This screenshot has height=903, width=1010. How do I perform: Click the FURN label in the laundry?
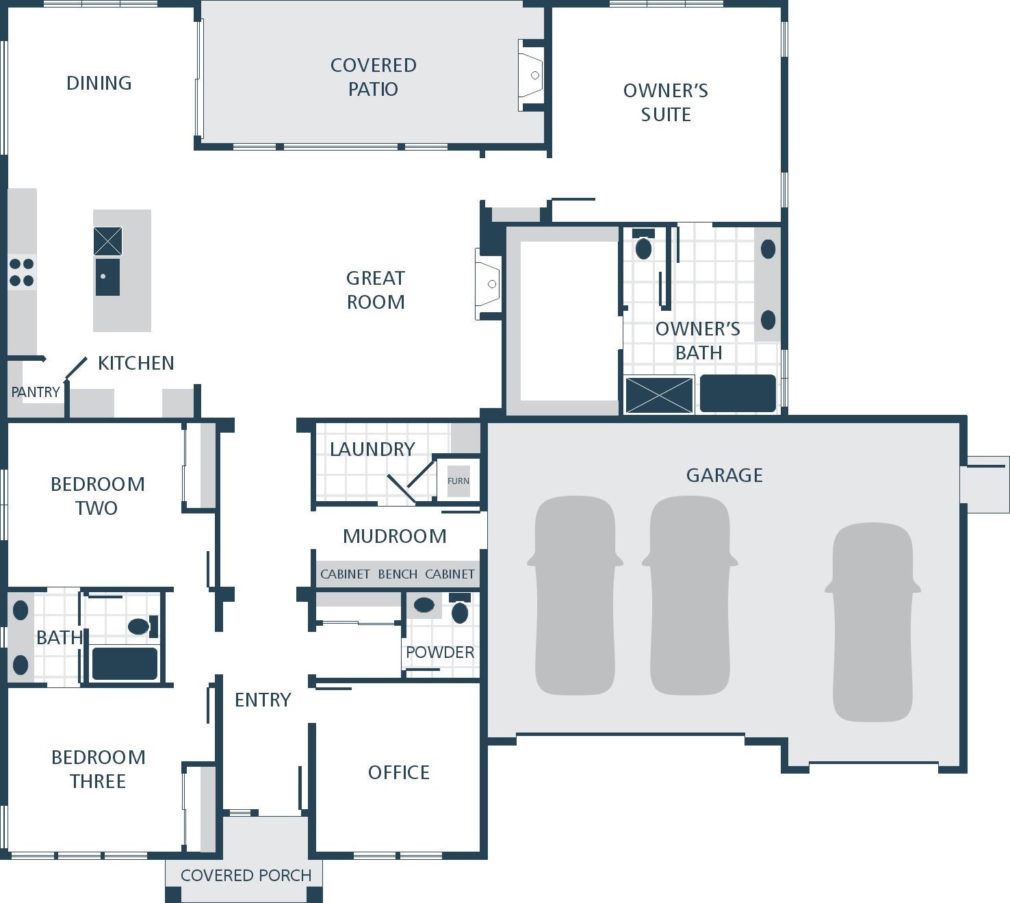pos(458,481)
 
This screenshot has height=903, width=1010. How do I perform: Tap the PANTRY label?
pos(36,392)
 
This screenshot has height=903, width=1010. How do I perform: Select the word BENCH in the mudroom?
pos(398,574)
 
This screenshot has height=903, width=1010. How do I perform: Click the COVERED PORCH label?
pos(246,875)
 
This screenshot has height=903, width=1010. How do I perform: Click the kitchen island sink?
pos(107,277)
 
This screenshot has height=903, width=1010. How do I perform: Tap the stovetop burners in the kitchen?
pos(21,272)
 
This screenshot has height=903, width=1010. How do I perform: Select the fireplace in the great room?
pos(488,284)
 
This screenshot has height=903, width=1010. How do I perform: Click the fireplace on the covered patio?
pos(531,75)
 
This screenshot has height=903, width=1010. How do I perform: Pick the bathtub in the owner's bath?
pos(738,394)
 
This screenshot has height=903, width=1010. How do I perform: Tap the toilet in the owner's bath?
pos(644,244)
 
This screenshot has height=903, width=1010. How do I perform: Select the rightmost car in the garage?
pos(873,622)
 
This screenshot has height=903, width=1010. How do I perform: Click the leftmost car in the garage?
pos(575,595)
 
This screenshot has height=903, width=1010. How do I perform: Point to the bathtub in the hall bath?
pos(125,663)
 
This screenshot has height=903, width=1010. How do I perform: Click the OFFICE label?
pos(399,773)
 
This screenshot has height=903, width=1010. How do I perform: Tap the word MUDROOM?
pos(394,536)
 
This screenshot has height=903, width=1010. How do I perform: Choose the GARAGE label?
pos(725,475)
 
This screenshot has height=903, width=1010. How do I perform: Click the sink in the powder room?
pos(424,605)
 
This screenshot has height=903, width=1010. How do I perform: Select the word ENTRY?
pos(263,700)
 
